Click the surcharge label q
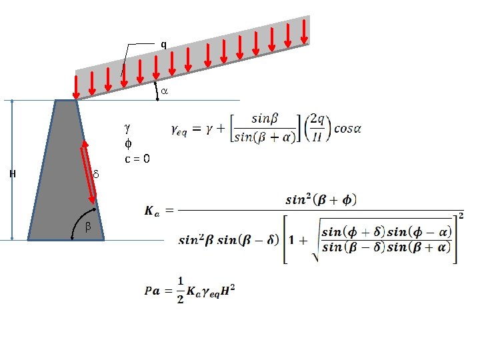[x=163, y=45]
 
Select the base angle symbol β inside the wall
[x=87, y=227]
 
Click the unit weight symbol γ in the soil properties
[x=128, y=125]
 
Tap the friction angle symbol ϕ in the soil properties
[x=128, y=142]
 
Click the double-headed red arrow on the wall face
[x=89, y=171]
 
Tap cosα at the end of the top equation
[x=347, y=129]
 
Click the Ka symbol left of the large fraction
[x=152, y=211]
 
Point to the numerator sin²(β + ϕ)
[x=321, y=199]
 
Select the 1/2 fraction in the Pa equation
[x=181, y=291]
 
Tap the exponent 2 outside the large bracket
[x=461, y=215]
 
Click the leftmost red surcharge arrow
[x=75, y=86]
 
